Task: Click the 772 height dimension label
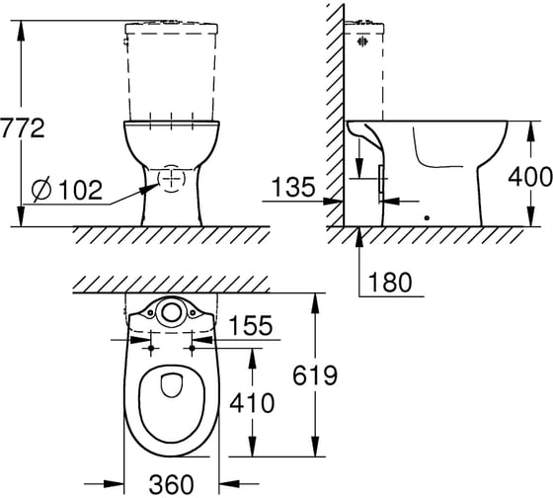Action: tap(22, 128)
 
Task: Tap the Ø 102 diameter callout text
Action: tap(67, 190)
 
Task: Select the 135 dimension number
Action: tap(293, 187)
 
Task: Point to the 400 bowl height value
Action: tap(530, 177)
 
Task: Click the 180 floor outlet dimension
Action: tap(390, 282)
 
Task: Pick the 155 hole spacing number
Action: tap(251, 325)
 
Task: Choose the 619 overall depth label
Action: tap(315, 375)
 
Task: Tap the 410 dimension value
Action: tap(252, 403)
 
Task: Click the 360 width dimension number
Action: tap(172, 484)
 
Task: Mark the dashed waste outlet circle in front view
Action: tap(158, 179)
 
